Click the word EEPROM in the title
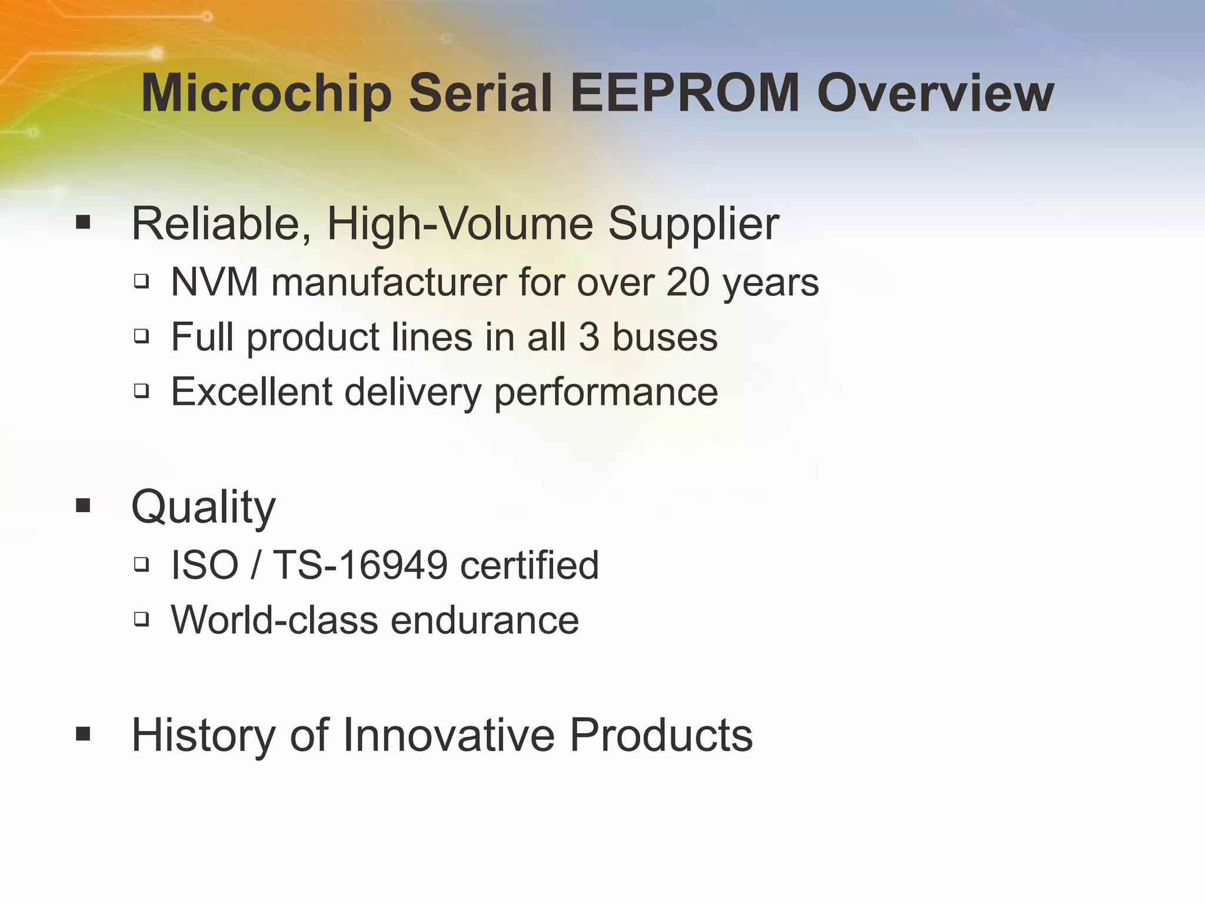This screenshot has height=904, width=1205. point(685,94)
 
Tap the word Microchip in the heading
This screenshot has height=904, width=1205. point(267,94)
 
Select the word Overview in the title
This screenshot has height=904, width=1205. point(936,94)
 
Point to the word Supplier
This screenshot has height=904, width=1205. point(693,225)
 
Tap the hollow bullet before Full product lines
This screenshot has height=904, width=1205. point(141,336)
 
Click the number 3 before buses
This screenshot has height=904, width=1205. point(589,337)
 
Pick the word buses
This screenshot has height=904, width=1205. point(665,337)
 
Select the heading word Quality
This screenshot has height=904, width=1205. point(203,507)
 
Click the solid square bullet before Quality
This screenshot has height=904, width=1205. point(83,505)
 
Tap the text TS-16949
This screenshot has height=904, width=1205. point(360,565)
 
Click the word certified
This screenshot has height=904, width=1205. point(529,565)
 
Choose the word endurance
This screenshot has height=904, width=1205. point(485,620)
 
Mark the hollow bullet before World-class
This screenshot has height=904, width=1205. point(141,619)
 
